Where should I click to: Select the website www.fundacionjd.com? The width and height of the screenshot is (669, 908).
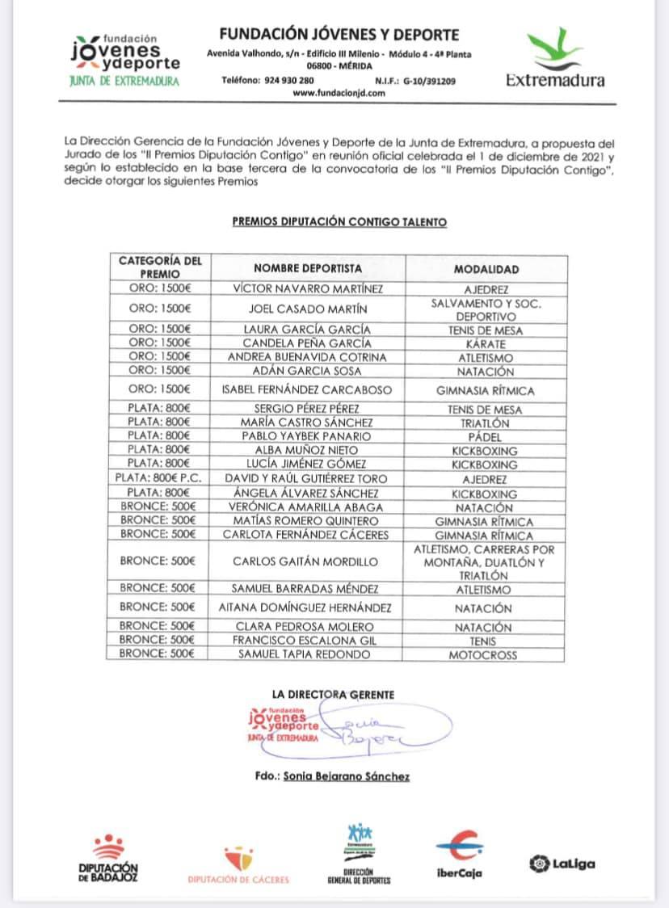click(x=339, y=93)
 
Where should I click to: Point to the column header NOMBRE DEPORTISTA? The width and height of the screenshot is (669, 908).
click(x=308, y=268)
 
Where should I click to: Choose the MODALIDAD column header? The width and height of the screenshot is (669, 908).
click(x=486, y=269)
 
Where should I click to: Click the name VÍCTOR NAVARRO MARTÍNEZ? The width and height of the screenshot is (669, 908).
click(x=307, y=288)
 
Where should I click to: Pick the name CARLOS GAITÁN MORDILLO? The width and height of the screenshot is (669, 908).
click(x=305, y=561)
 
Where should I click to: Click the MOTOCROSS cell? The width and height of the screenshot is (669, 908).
click(x=483, y=655)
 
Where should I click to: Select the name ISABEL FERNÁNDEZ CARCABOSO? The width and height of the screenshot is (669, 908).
click(x=307, y=390)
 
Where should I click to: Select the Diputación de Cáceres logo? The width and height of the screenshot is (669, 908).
click(x=238, y=864)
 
